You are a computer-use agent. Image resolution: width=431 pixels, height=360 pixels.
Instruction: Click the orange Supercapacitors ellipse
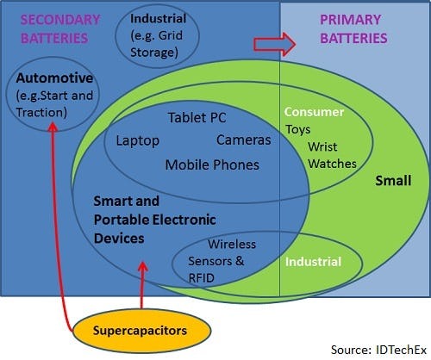point(141,331)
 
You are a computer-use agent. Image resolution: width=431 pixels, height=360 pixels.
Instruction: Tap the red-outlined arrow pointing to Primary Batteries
point(274,44)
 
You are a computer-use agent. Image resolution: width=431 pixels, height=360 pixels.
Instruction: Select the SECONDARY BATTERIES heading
point(60,29)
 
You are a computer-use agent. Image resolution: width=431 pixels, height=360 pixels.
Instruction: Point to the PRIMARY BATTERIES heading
point(353,29)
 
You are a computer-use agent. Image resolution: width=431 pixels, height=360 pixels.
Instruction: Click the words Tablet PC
point(197,118)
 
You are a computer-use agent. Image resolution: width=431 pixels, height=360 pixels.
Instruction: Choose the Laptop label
point(138,140)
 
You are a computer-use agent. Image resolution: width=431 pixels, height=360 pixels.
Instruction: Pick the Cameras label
point(244,140)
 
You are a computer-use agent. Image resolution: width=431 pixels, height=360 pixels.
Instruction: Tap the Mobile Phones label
point(212,164)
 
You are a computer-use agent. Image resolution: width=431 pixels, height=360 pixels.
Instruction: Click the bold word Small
point(393,181)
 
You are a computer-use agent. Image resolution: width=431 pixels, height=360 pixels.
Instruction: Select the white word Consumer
point(314,112)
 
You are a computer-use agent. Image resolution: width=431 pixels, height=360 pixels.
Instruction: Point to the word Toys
point(298,129)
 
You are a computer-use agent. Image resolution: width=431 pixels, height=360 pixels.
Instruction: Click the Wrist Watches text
point(332,155)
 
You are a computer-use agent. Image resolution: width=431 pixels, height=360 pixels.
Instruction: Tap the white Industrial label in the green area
point(313,262)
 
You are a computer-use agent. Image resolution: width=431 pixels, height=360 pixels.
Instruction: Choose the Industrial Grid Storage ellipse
point(157,35)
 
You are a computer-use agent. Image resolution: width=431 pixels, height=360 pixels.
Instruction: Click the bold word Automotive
point(54,78)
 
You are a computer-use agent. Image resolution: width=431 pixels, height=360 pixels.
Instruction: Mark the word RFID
point(201,278)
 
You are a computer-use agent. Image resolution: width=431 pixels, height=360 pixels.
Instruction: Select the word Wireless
point(232,245)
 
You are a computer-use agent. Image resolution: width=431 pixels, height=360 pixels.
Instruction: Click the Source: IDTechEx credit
point(378,350)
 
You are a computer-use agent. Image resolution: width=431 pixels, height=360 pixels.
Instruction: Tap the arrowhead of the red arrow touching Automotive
point(53,127)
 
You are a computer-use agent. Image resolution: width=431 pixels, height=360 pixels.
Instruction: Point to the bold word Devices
point(119,239)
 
